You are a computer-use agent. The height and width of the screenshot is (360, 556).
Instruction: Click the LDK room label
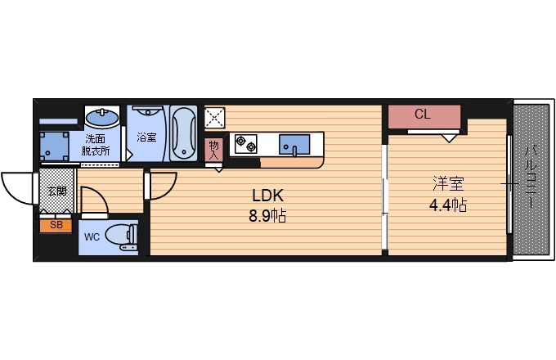[267, 196]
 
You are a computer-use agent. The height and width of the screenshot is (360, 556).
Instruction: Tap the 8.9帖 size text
[267, 215]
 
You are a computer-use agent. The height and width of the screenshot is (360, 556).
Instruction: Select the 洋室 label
[448, 184]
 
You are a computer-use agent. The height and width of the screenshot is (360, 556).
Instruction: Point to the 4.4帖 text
[448, 205]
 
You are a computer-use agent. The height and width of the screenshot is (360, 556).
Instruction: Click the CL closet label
[423, 115]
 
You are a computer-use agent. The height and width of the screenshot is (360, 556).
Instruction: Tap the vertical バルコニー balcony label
[531, 177]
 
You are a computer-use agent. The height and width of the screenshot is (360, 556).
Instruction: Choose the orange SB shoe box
[56, 226]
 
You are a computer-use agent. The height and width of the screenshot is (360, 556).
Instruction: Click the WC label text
[92, 237]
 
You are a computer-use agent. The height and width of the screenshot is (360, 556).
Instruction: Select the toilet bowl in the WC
[121, 235]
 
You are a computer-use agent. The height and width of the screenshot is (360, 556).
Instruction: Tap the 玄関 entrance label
[57, 191]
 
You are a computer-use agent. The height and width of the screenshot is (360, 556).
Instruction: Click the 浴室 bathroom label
[147, 137]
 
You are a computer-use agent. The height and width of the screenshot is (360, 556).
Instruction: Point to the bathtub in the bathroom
[184, 133]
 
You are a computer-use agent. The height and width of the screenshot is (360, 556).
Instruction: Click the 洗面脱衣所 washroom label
[96, 145]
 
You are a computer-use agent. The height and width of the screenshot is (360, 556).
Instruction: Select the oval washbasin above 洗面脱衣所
[102, 117]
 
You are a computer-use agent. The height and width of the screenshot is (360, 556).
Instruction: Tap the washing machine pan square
[54, 146]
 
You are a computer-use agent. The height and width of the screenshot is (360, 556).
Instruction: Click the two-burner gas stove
[246, 144]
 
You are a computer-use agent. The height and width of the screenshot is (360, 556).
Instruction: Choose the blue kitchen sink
[294, 145]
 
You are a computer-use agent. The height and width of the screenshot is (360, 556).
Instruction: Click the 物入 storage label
[214, 150]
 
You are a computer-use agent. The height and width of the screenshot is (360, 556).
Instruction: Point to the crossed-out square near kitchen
[215, 117]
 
